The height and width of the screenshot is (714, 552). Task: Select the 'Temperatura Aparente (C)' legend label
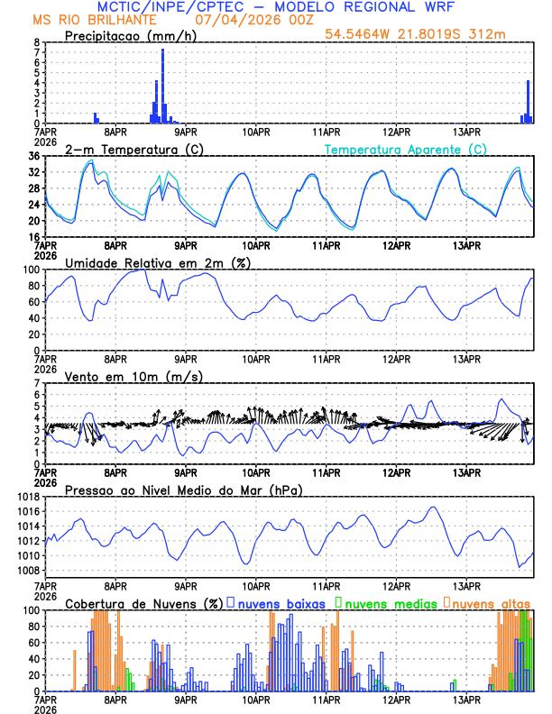point(406,149)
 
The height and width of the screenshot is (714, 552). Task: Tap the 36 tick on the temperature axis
point(33,156)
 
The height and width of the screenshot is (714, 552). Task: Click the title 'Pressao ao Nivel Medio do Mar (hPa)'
point(184,490)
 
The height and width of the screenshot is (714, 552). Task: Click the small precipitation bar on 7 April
point(95,117)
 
